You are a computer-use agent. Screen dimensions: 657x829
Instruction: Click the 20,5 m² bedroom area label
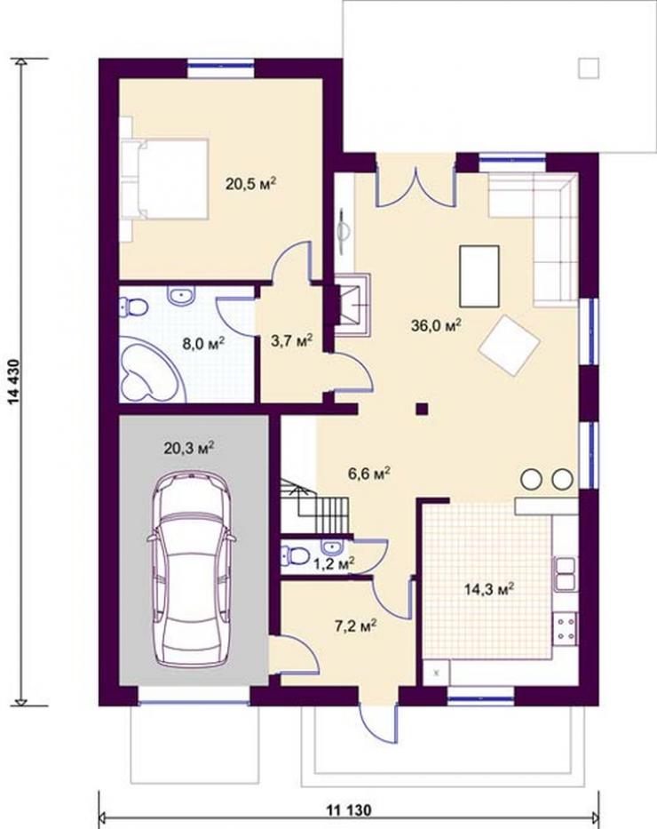(x=251, y=183)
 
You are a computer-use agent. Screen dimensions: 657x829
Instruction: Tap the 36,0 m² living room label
(x=436, y=325)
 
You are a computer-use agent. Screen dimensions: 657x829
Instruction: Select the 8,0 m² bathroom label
(x=203, y=344)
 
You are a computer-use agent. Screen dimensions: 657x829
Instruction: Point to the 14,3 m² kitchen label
(x=489, y=589)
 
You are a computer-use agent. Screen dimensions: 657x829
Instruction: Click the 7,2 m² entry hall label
(x=355, y=626)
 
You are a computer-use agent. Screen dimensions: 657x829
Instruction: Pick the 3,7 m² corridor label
(x=291, y=340)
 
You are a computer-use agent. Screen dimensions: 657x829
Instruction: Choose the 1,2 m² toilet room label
(x=334, y=564)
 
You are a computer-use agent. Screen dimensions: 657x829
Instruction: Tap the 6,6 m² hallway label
(x=369, y=473)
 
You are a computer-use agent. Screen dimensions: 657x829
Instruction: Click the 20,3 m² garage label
(x=188, y=449)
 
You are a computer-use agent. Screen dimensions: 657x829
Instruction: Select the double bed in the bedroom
(x=164, y=179)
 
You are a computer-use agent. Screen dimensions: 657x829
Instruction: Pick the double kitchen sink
(x=565, y=574)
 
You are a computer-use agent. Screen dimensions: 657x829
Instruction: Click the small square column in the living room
(x=422, y=409)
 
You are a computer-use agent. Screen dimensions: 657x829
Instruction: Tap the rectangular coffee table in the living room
(x=479, y=276)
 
